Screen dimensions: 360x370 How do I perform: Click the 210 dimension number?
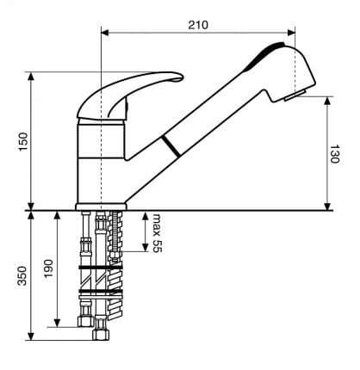tap(198, 25)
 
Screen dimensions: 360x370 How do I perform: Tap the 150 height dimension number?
tap(23, 142)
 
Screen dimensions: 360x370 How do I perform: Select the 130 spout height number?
tap(334, 154)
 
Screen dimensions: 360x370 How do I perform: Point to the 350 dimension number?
tap(22, 275)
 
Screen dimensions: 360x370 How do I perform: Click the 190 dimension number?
tap(48, 268)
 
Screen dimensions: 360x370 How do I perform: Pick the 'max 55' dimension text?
tap(157, 233)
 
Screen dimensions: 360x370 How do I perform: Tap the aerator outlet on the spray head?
tap(295, 96)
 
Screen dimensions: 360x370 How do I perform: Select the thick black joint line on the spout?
tap(171, 146)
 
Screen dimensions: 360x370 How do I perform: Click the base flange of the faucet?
tap(101, 207)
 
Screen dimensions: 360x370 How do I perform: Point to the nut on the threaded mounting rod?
tap(115, 255)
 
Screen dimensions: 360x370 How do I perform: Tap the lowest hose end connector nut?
tap(101, 335)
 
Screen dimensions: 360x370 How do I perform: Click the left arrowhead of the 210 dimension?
tap(105, 33)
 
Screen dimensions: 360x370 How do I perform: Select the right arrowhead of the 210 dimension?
tap(291, 33)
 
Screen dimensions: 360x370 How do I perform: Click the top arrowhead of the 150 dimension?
tap(31, 76)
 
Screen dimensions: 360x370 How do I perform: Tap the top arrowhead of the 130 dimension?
tap(327, 101)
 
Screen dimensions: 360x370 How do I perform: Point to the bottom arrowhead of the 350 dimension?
tap(31, 336)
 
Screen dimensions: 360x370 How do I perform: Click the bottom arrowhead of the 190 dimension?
tap(58, 323)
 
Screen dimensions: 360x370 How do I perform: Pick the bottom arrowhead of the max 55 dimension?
tap(146, 248)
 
